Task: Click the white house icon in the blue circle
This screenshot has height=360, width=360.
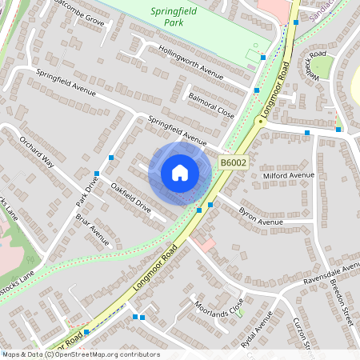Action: pyautogui.click(x=180, y=173)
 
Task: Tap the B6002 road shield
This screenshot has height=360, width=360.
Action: pyautogui.click(x=233, y=163)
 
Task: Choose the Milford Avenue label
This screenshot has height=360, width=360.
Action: pyautogui.click(x=290, y=175)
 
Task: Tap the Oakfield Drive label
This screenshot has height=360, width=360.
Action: pyautogui.click(x=131, y=197)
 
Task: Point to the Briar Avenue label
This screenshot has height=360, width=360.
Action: pyautogui.click(x=92, y=229)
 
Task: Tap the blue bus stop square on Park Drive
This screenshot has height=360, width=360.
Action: pyautogui.click(x=97, y=173)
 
